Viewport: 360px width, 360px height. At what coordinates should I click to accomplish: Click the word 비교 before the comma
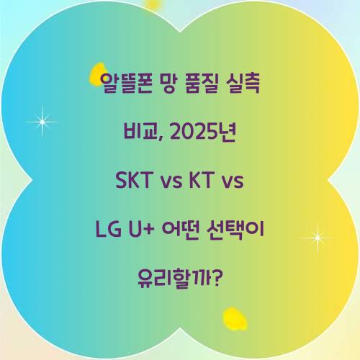point(138,134)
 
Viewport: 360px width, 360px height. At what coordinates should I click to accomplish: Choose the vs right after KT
point(233,181)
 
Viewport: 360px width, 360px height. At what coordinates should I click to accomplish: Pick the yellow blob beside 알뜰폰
point(97,74)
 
